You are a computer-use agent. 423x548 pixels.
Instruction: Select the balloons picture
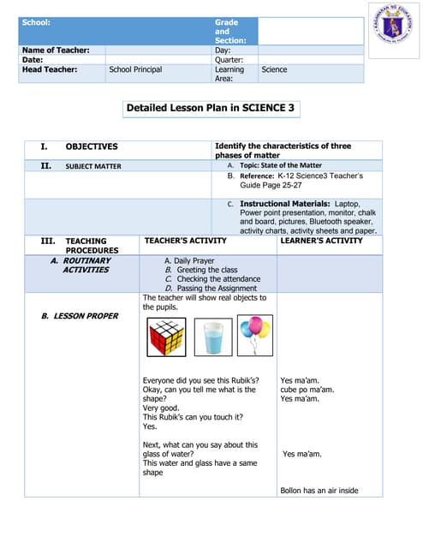click(254, 334)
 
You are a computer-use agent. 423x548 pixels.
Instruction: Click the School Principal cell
click(135, 69)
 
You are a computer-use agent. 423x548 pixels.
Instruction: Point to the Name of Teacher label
click(56, 51)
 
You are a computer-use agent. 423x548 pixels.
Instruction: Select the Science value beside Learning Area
click(274, 69)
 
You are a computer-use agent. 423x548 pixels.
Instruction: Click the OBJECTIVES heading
click(92, 147)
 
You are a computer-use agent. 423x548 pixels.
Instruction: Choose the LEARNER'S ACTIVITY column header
click(321, 241)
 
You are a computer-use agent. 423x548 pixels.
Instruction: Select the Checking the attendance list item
click(205, 279)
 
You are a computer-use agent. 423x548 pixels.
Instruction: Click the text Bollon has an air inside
click(319, 491)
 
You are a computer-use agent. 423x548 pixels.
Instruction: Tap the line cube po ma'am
click(307, 390)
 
